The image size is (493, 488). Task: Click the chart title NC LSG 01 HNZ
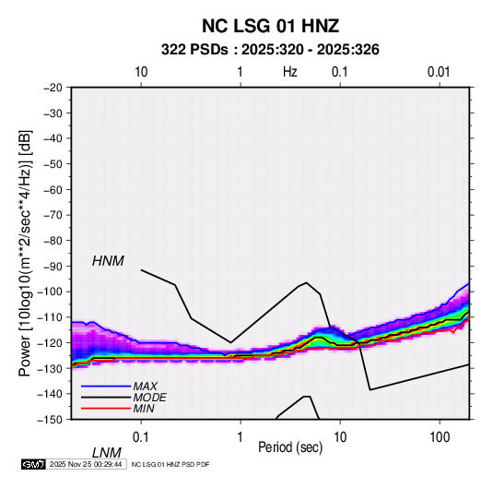270,26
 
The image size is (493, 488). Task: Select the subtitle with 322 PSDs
270,50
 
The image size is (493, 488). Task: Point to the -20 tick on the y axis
53,88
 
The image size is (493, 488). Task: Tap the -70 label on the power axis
53,215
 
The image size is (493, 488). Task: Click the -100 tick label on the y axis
50,292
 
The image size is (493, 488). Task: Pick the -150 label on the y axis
50,420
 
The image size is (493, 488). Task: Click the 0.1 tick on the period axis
141,437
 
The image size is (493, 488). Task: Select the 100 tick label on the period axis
440,437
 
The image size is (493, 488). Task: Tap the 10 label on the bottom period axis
340,437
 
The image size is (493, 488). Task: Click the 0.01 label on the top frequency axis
439,72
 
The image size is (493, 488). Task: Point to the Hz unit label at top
290,72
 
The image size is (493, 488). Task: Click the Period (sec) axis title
290,447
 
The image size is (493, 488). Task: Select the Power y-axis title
25,253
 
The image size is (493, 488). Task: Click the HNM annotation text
108,261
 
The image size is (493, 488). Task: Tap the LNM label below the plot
106,453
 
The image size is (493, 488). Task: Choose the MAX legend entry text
145,387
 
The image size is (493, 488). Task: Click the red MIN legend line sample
106,409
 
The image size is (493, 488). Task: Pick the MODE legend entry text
149,398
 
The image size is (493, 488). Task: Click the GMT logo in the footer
34,464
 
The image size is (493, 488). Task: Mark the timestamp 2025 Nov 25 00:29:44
86,464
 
